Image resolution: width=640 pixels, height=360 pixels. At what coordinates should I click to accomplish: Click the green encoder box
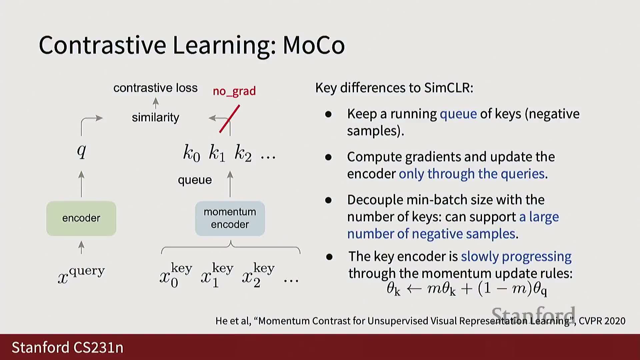click(x=81, y=218)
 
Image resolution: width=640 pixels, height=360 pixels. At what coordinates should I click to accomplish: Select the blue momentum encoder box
click(x=230, y=218)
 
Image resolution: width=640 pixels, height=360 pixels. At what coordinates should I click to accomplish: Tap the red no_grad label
click(x=234, y=91)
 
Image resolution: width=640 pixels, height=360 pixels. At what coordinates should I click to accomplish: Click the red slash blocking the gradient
click(x=230, y=119)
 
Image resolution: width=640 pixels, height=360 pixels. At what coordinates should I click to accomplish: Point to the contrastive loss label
click(x=155, y=88)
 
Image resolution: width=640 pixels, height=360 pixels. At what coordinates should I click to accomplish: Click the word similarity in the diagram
click(x=155, y=117)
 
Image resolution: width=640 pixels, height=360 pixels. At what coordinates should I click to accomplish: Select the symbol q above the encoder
click(x=82, y=151)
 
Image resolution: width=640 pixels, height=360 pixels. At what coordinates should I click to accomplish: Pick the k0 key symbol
click(x=192, y=153)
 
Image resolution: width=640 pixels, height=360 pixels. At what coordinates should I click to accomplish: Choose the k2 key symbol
click(x=243, y=153)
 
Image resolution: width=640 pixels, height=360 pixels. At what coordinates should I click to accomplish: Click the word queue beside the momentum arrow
click(x=195, y=180)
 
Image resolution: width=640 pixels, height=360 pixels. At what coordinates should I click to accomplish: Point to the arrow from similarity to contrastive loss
click(x=155, y=103)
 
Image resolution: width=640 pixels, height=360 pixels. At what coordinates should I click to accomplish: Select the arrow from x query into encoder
click(x=81, y=248)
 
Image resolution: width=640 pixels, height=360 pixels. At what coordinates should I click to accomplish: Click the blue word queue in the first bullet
click(x=458, y=114)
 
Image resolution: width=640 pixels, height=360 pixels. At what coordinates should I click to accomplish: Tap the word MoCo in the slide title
click(x=314, y=45)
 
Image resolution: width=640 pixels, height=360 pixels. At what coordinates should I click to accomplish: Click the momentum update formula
click(x=467, y=289)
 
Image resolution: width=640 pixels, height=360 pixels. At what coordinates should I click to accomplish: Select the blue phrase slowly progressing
click(x=516, y=256)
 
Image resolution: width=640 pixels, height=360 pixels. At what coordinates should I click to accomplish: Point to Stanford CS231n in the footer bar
click(x=68, y=347)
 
